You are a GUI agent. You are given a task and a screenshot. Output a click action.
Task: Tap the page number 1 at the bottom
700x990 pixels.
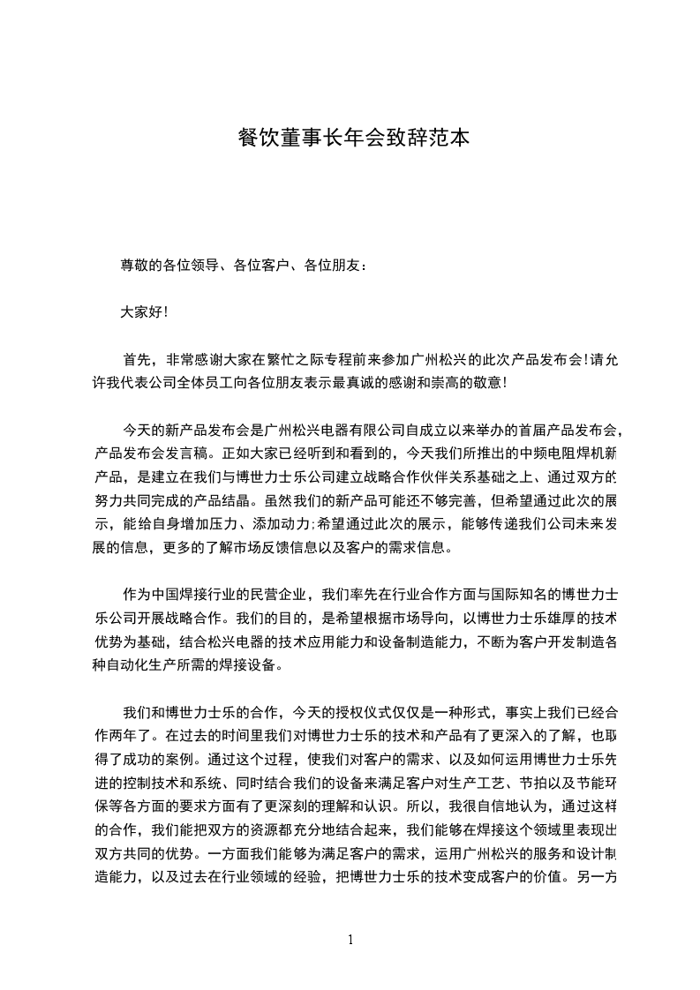click(350, 939)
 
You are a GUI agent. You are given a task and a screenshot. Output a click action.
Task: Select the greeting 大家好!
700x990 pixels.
click(144, 311)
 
